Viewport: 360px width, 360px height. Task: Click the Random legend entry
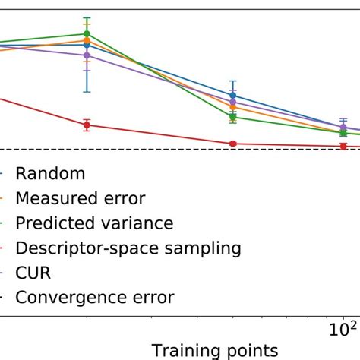coord(50,174)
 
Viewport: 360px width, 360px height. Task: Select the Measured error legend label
coord(80,199)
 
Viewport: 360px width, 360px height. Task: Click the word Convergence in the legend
coord(65,298)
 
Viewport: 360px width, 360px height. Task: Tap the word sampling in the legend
coord(199,248)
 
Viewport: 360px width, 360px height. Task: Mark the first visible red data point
coord(87,125)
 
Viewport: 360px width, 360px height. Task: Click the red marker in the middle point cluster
coord(232,144)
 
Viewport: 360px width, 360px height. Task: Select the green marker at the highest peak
coord(87,33)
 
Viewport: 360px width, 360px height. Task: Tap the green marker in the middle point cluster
coord(232,117)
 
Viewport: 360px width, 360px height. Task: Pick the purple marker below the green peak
coord(87,55)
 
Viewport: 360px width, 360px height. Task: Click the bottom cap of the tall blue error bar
coord(87,92)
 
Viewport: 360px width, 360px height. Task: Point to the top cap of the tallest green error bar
coord(87,17)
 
